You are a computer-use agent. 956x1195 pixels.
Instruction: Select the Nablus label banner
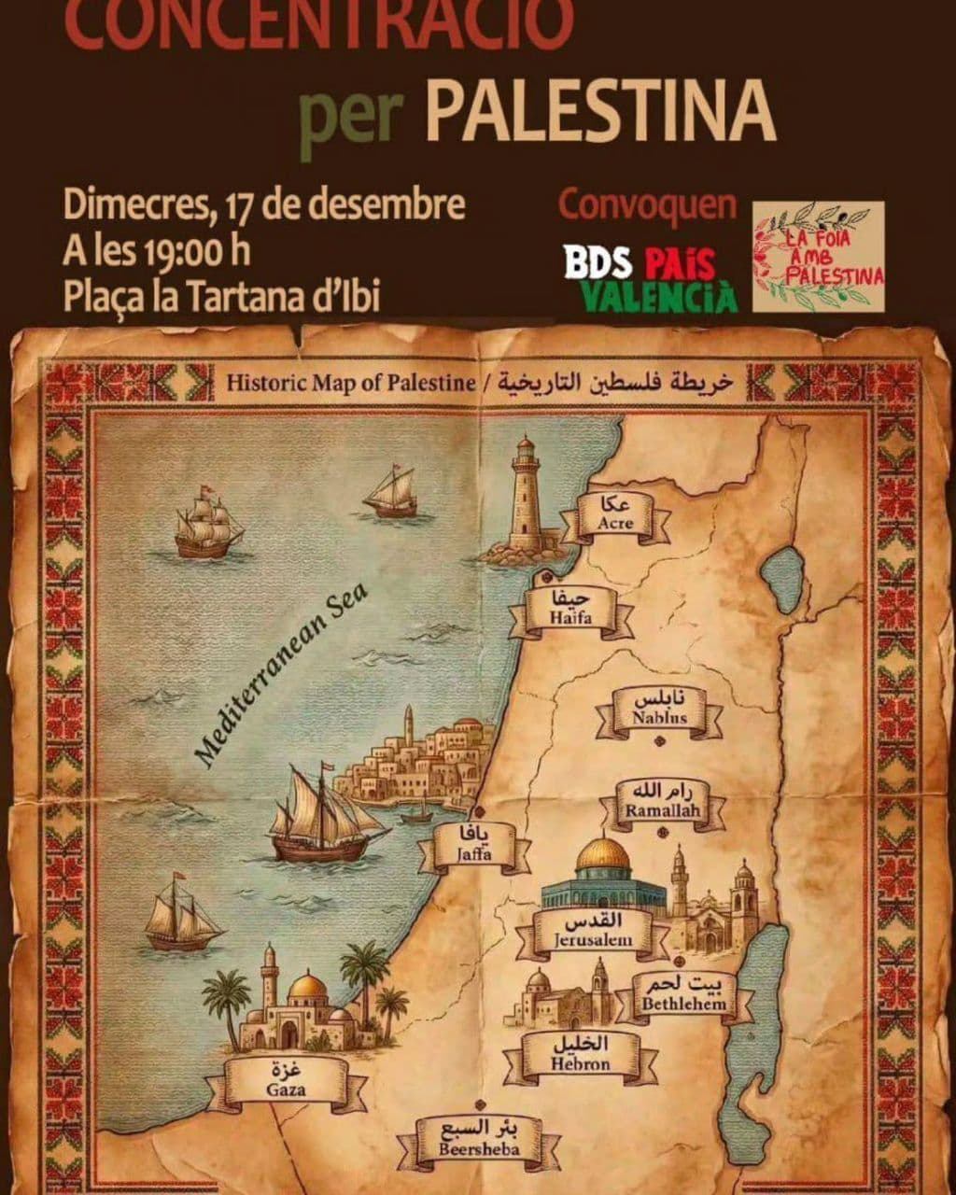(659, 711)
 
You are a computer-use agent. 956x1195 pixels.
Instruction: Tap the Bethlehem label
(683, 996)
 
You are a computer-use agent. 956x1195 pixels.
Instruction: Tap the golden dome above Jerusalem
(603, 855)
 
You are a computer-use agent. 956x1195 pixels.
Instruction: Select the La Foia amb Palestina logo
(818, 256)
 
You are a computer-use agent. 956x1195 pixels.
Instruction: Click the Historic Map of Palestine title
(350, 381)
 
